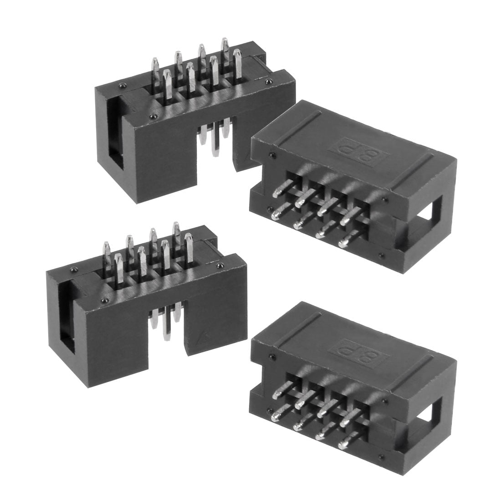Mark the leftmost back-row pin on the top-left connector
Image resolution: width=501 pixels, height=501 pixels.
coord(155,68)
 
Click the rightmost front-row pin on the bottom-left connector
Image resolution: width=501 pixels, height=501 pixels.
coord(189,247)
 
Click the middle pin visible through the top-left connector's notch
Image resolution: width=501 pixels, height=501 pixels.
coord(214,137)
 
